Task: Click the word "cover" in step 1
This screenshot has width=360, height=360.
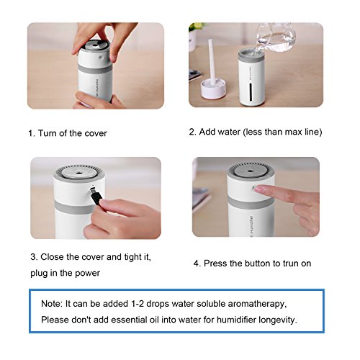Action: coord(96,133)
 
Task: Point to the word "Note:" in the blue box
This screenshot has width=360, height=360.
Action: coord(52,304)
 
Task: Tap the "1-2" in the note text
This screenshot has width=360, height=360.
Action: coord(138,304)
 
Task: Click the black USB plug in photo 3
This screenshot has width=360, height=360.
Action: coord(96,196)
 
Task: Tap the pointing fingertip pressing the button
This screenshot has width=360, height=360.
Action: coord(258,189)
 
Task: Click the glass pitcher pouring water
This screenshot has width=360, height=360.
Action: coord(275,37)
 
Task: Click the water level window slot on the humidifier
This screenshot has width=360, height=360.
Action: coord(251,92)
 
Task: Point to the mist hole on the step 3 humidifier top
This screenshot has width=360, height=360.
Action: coord(78,172)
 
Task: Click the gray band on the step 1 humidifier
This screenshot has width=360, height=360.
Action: coord(95,69)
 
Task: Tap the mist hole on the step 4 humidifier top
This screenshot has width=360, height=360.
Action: coord(251,171)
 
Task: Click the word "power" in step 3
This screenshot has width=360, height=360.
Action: coord(87,274)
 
